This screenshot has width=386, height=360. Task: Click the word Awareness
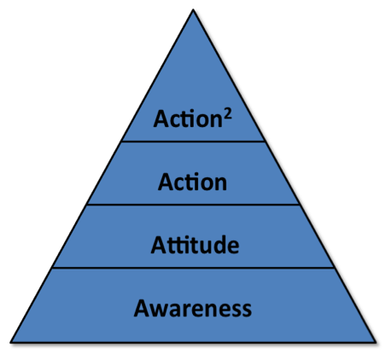pos(193,309)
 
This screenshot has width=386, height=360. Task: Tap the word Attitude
pos(195,245)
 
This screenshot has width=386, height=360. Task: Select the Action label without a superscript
pos(192,182)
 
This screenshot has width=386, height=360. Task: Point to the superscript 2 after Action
pos(227,115)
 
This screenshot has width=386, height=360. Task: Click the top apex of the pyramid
pos(193,9)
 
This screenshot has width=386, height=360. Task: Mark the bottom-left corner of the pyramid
pos(11,342)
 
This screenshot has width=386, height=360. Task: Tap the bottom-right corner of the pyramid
pos(376,342)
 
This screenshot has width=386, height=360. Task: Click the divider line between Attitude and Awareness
pos(193,268)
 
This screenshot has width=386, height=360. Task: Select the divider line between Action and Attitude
pos(193,204)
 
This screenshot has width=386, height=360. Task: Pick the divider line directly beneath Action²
pos(193,141)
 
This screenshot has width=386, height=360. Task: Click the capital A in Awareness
pos(142,308)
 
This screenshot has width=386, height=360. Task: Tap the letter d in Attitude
pos(220,245)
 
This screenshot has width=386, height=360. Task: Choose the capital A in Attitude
pos(159,245)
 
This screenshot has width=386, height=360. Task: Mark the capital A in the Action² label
pos(161,119)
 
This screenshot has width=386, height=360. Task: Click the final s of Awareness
pos(247,311)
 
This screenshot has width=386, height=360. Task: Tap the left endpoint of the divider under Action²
pos(122,141)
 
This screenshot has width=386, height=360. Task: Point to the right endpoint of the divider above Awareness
pos(334,268)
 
